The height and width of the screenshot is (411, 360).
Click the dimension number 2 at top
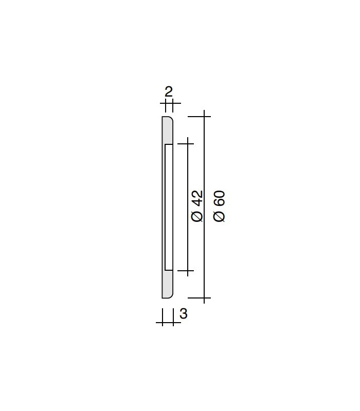(x=169, y=92)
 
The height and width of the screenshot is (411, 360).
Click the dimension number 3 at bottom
(x=184, y=313)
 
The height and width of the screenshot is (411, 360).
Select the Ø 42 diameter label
(x=197, y=207)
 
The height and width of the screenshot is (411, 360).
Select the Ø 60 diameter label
(x=219, y=207)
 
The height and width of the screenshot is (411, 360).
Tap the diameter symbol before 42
(x=197, y=217)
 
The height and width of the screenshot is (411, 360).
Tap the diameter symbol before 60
(x=219, y=217)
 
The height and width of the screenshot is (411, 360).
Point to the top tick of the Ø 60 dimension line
(x=204, y=117)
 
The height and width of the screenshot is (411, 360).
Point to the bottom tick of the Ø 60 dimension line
(x=204, y=298)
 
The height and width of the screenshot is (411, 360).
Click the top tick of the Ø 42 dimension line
(x=187, y=144)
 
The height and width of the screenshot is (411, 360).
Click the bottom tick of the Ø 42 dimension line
(x=187, y=271)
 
